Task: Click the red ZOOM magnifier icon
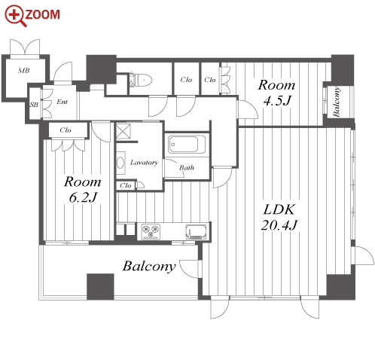[x=16, y=16]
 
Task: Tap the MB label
[x=24, y=71]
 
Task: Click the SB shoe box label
[x=34, y=105]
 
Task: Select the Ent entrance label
[x=62, y=102]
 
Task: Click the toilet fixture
[x=141, y=80]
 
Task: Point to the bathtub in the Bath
[x=187, y=144]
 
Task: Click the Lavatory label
[x=144, y=163]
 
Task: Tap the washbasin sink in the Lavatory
[x=120, y=163]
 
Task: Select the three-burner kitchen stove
[x=151, y=231]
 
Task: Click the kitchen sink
[x=196, y=231]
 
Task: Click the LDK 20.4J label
[x=279, y=217]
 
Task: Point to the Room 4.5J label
[x=276, y=93]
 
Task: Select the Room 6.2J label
[x=83, y=189]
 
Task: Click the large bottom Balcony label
[x=149, y=266]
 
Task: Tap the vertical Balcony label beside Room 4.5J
[x=337, y=102]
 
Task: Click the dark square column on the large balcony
[x=100, y=286]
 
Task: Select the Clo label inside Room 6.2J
[x=66, y=130]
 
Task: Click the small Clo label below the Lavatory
[x=126, y=185]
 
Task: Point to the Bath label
[x=187, y=167]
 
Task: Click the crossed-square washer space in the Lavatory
[x=123, y=131]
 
